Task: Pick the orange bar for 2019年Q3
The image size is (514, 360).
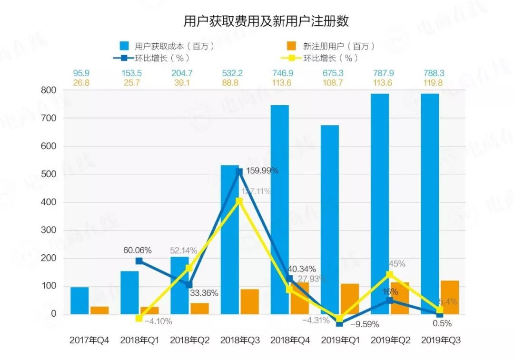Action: click(450, 298)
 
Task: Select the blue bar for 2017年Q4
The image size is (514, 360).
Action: click(79, 300)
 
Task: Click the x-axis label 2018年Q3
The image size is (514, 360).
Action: click(240, 340)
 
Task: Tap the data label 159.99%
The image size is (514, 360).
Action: click(261, 170)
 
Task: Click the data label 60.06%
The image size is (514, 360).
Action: click(137, 250)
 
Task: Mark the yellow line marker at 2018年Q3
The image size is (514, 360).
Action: click(239, 201)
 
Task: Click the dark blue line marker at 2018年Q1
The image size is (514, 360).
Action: click(139, 261)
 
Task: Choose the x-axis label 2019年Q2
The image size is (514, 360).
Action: click(391, 340)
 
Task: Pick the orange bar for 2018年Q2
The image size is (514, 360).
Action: click(199, 309)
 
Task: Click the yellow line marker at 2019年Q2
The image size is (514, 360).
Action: click(390, 274)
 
